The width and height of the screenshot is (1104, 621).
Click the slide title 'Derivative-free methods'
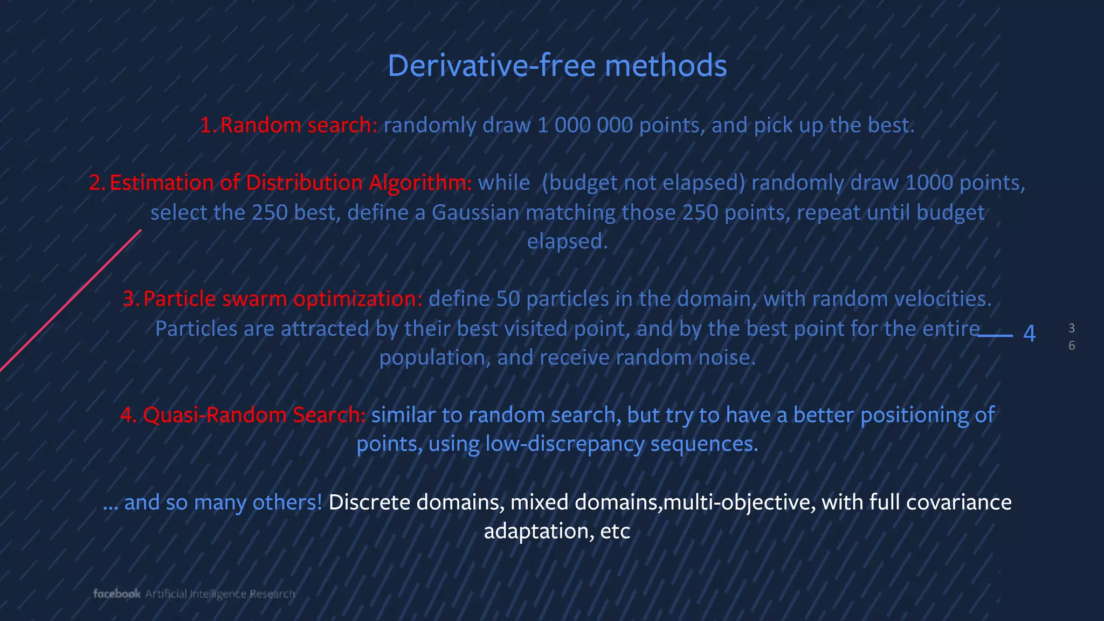coord(557,66)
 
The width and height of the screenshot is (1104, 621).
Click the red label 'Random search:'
coord(299,125)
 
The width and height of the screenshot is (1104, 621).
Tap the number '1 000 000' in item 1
coord(585,125)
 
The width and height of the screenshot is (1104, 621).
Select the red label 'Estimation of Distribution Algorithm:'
coord(291,183)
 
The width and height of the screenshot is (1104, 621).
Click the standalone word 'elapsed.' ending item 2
coord(567,241)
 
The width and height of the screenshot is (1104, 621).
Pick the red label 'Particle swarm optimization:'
coord(282,299)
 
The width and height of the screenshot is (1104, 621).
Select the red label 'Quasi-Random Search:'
coord(254,415)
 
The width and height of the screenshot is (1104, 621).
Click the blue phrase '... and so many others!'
coord(212,502)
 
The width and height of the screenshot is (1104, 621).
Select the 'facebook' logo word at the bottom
coord(116,594)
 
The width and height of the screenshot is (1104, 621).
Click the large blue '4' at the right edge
coord(1029,334)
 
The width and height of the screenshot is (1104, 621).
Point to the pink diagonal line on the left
coord(70,301)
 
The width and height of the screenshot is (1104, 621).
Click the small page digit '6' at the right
coord(1072,346)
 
